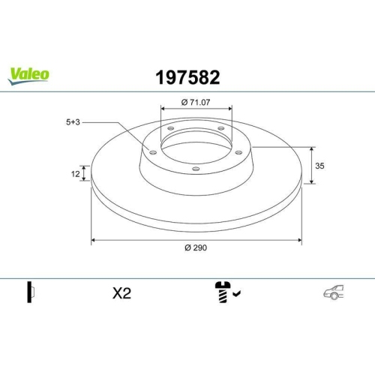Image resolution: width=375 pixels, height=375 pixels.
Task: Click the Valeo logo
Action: pyautogui.click(x=29, y=73)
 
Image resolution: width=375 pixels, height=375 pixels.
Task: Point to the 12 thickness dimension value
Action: pyautogui.click(x=76, y=174)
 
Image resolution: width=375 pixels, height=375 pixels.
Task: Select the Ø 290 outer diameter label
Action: pyautogui.click(x=196, y=249)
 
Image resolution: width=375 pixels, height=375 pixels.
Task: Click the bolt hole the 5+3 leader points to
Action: pyautogui.click(x=153, y=153)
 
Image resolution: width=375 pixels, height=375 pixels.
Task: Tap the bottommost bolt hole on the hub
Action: pyautogui.click(x=196, y=169)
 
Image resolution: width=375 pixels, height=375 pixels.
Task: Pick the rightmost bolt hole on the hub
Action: pyautogui.click(x=240, y=152)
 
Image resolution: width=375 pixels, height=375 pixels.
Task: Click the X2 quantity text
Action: pyautogui.click(x=121, y=294)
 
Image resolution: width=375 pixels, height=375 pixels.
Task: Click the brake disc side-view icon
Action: pyautogui.click(x=31, y=293)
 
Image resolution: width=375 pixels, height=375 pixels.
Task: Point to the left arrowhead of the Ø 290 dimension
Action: pyautogui.click(x=94, y=241)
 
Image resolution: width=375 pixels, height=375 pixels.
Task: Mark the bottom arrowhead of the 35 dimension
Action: pyautogui.click(x=311, y=181)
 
